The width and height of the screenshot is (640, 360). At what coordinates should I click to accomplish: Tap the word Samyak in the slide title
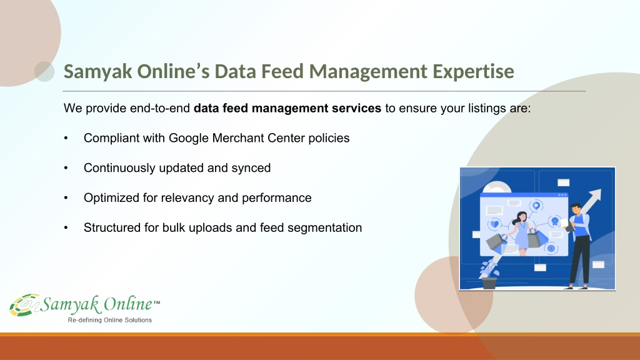pos(98,71)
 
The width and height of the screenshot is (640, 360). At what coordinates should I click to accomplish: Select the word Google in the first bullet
pos(189,138)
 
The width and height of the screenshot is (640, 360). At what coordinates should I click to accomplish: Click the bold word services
pos(356,108)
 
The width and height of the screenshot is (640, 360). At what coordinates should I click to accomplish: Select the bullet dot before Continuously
pos(66,167)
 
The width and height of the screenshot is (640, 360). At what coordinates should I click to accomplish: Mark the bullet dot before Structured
pos(66,227)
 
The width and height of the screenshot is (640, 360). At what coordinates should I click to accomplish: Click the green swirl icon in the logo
pos(24,304)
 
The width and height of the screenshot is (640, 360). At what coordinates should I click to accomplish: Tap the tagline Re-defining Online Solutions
pos(110,320)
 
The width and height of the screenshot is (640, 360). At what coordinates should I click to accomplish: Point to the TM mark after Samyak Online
pos(157,302)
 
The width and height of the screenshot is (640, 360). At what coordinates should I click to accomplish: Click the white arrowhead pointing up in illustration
pos(595,196)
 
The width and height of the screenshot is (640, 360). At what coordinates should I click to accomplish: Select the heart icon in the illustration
pos(495,224)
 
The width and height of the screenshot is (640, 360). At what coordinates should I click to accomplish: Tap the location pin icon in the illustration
pos(536,206)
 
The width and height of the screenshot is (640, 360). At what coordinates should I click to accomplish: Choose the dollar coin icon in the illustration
pos(551,248)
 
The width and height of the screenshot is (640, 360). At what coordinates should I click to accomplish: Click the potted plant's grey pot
pos(489,283)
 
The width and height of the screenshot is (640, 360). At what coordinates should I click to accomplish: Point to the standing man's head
pos(576,208)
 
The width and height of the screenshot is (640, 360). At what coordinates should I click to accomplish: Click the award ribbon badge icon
pos(555,222)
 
